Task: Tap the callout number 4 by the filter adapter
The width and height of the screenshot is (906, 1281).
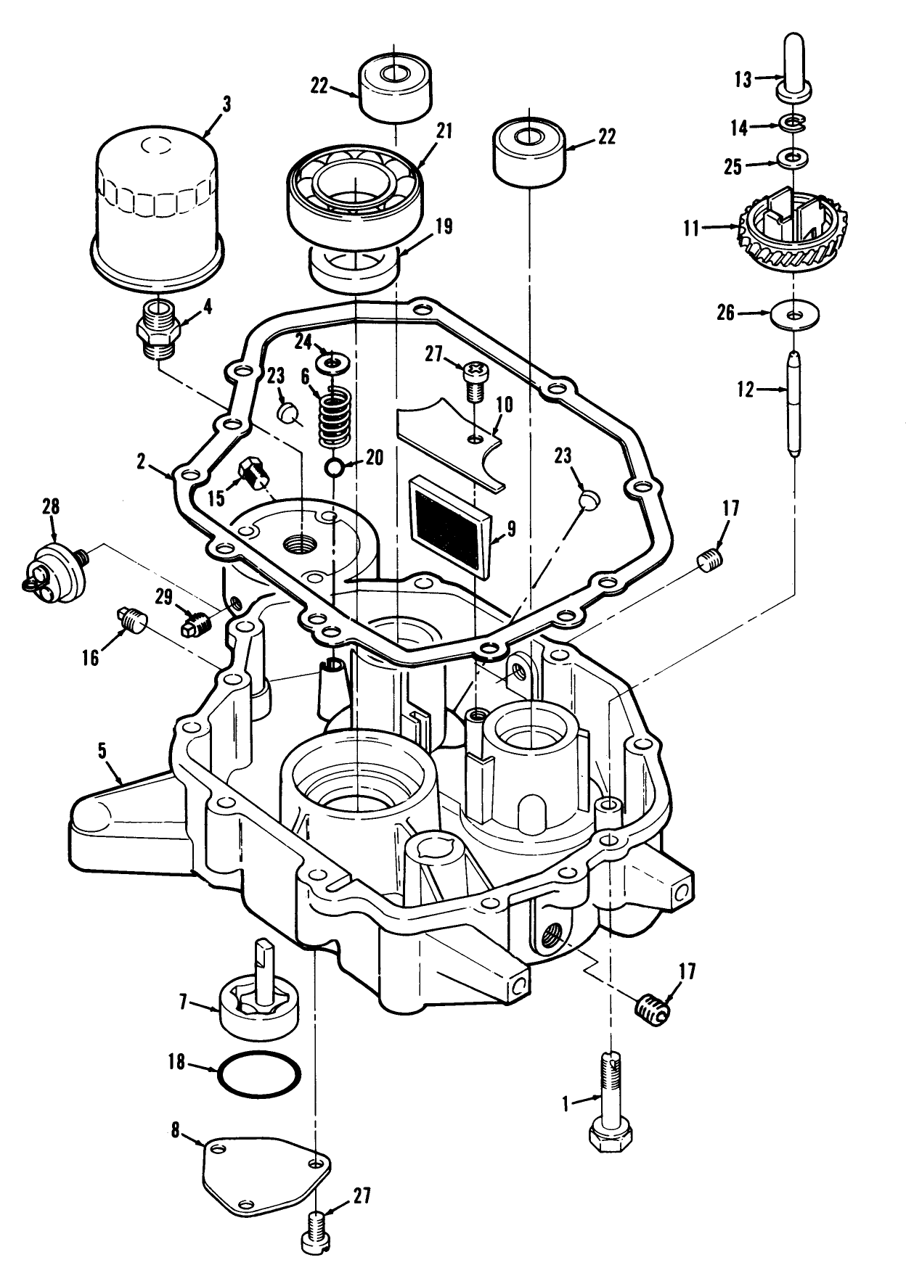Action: click(x=208, y=307)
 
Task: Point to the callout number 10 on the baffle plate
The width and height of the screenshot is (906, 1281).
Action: click(x=504, y=405)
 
